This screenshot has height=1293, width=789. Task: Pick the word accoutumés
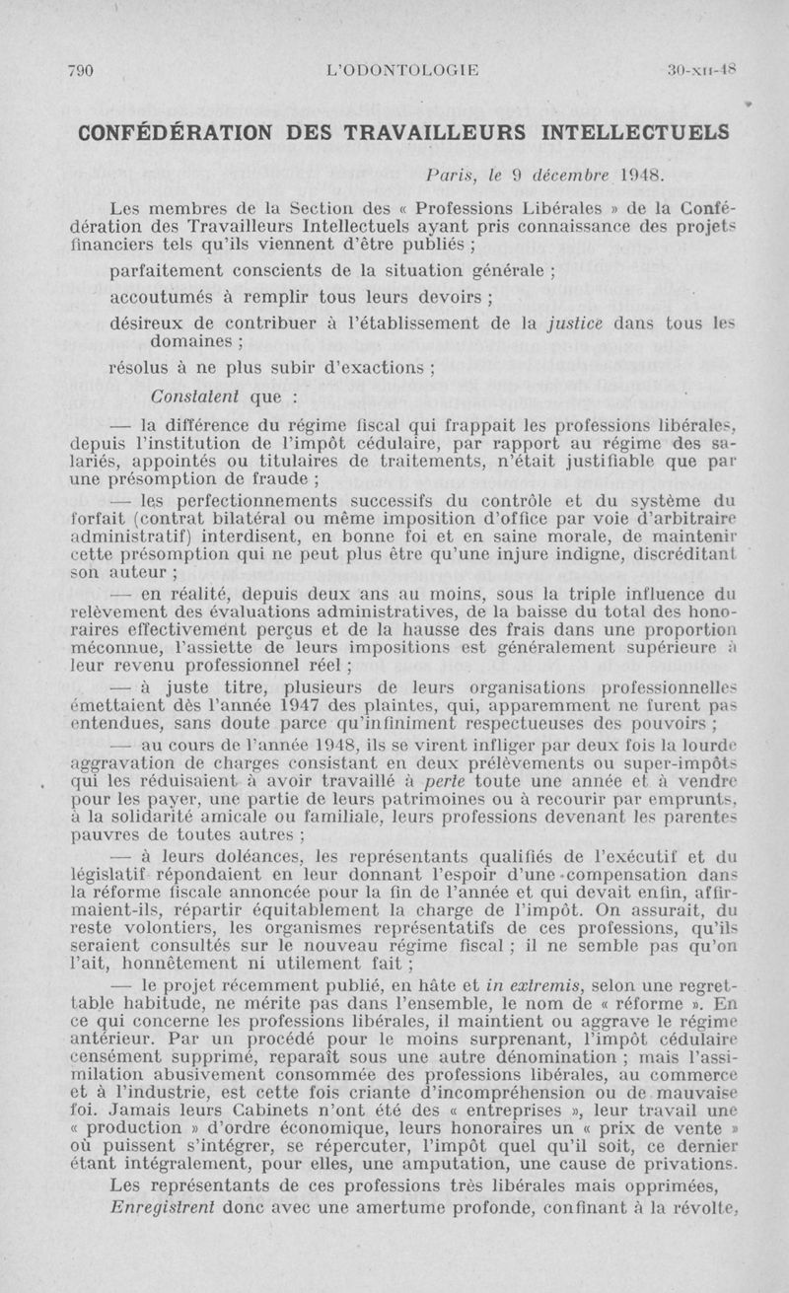[x=159, y=298]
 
